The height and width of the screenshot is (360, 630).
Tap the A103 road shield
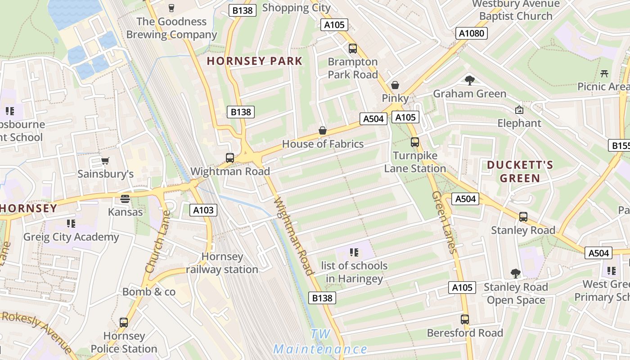click(204, 210)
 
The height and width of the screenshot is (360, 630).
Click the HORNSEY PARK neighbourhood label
click(254, 61)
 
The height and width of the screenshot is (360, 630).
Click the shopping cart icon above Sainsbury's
click(105, 161)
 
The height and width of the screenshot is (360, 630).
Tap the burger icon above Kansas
click(125, 198)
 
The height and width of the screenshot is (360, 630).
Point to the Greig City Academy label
click(71, 237)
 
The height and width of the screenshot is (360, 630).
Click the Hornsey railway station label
click(222, 263)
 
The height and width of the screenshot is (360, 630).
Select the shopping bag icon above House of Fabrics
click(323, 131)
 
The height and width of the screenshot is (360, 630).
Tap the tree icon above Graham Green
click(470, 81)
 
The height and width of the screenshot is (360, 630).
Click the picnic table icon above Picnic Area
click(604, 73)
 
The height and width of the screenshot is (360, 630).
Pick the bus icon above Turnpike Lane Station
click(414, 142)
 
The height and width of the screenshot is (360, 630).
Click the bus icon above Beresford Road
click(465, 319)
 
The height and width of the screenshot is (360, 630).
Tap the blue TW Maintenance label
click(320, 342)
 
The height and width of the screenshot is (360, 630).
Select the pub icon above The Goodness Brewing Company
click(171, 8)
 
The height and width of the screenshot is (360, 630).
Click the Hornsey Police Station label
click(124, 342)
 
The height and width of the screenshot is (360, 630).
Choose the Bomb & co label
click(149, 292)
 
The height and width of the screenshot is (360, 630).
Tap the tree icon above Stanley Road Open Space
click(516, 274)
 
